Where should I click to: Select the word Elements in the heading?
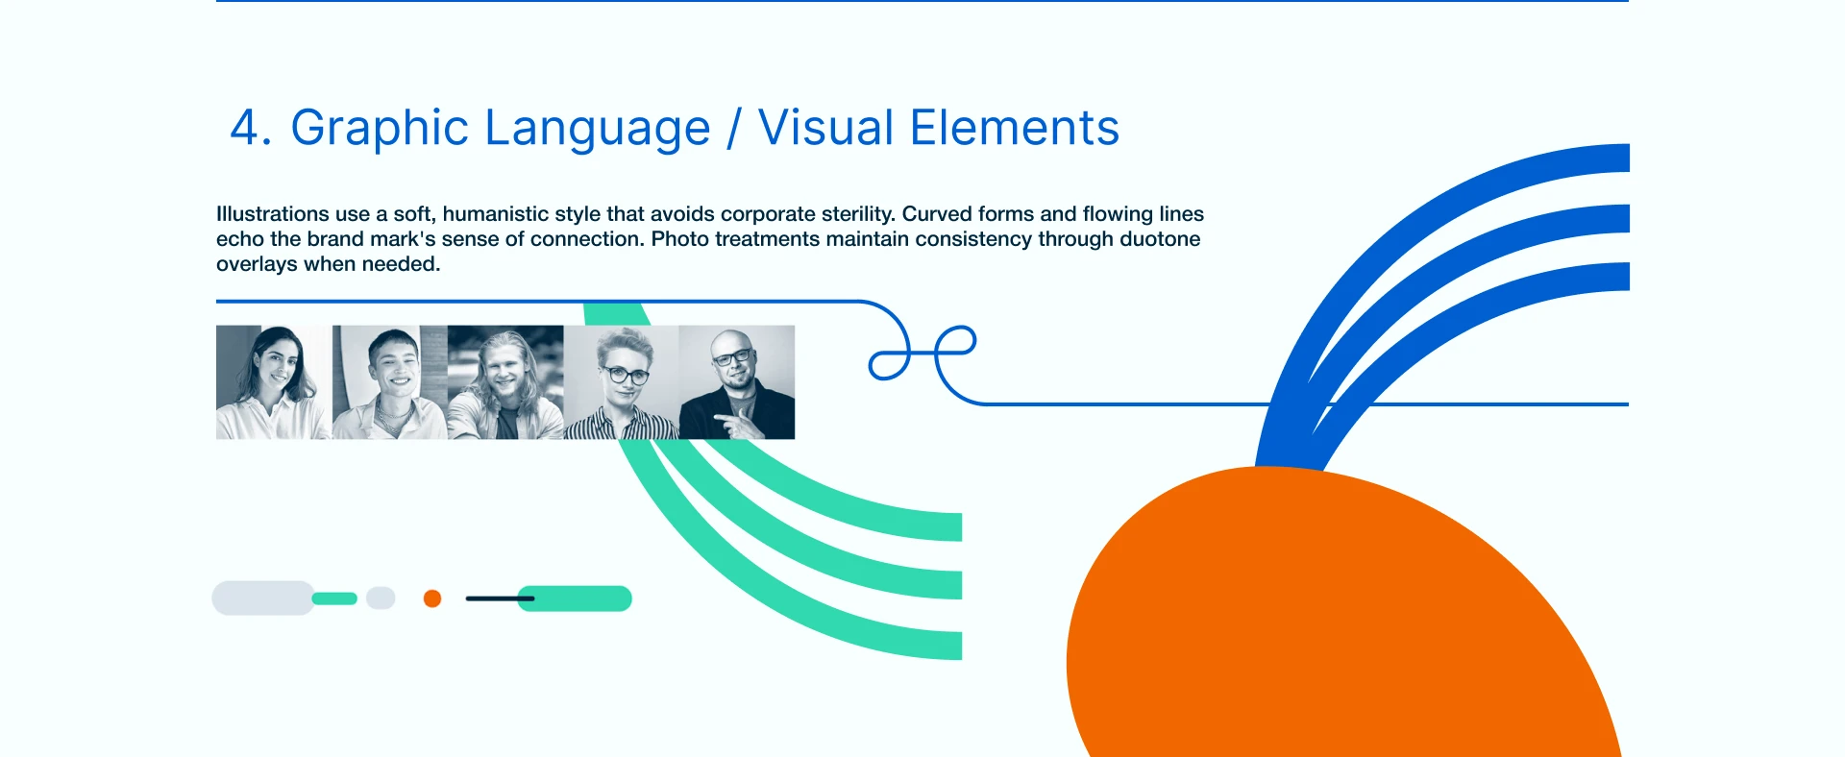[1015, 128]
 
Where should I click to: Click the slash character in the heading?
[734, 129]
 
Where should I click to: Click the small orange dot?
[432, 598]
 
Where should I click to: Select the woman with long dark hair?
[273, 382]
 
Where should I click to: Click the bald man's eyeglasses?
[732, 357]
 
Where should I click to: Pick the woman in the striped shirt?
[622, 382]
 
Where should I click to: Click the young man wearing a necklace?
[389, 382]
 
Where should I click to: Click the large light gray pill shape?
[263, 598]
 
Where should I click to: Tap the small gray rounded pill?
[381, 598]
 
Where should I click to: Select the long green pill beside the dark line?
[575, 598]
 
